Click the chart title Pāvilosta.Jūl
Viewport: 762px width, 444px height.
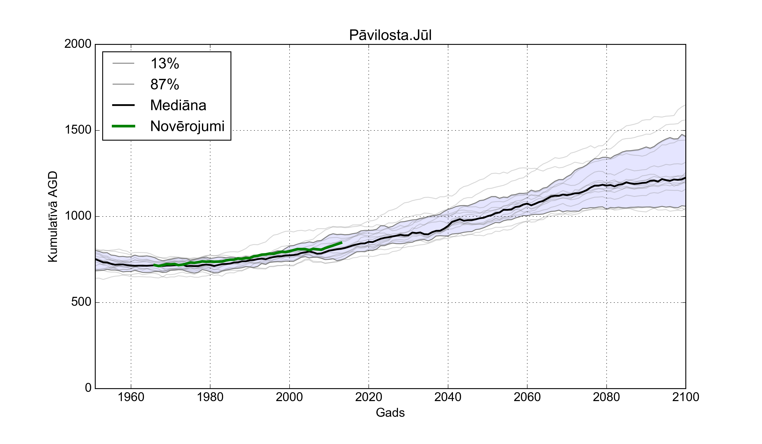point(390,35)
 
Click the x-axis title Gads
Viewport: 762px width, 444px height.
point(390,412)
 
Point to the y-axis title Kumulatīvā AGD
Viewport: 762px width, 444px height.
point(53,217)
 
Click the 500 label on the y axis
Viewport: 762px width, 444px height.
point(81,302)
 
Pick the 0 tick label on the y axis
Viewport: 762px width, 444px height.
point(88,388)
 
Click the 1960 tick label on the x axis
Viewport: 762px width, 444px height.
point(131,397)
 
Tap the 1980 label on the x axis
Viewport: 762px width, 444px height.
point(210,397)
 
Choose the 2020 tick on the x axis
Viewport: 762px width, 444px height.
point(369,397)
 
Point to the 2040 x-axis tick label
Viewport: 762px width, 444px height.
point(448,397)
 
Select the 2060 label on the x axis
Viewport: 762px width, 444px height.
point(527,397)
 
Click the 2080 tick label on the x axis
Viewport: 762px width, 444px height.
point(606,397)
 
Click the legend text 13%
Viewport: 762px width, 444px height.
point(165,64)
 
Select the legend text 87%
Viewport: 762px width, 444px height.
point(165,85)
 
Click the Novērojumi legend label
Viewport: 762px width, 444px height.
point(187,126)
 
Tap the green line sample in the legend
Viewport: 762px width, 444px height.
point(123,126)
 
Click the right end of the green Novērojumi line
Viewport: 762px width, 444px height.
point(342,243)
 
